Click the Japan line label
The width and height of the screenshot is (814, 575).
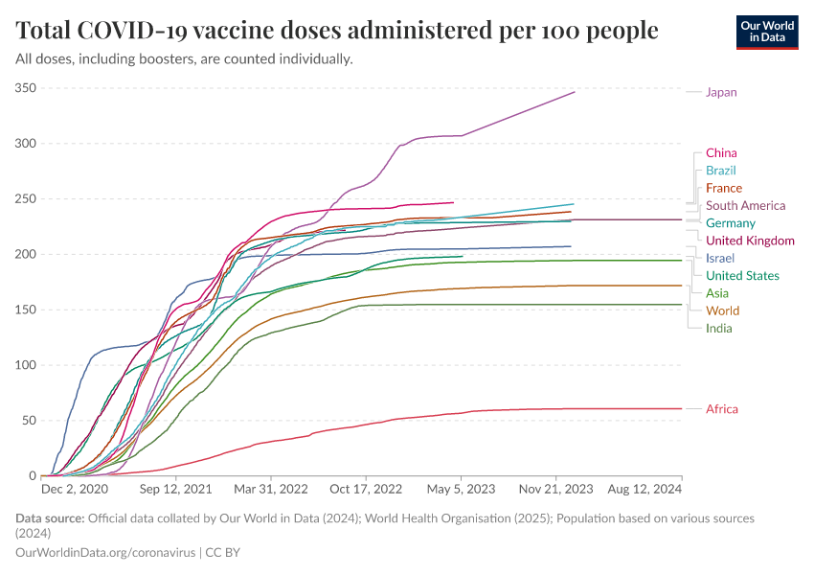pos(721,92)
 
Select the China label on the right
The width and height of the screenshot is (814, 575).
pos(721,153)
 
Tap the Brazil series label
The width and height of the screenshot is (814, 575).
pos(720,171)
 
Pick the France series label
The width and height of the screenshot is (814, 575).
pos(723,188)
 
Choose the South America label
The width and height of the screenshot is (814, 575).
pos(745,206)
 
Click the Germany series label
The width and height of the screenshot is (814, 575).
pos(731,223)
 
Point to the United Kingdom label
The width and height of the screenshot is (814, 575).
pos(750,241)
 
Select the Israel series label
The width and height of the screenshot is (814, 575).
pos(720,259)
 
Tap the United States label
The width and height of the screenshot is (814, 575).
pos(742,276)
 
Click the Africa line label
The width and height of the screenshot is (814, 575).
pos(721,409)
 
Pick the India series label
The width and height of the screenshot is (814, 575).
pos(718,329)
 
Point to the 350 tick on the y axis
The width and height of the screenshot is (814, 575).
pos(26,88)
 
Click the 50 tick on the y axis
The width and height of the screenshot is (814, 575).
pos(29,421)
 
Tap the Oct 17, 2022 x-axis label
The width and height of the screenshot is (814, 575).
pos(366,489)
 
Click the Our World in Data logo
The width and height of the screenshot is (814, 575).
pos(767,31)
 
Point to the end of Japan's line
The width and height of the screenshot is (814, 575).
pos(575,92)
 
